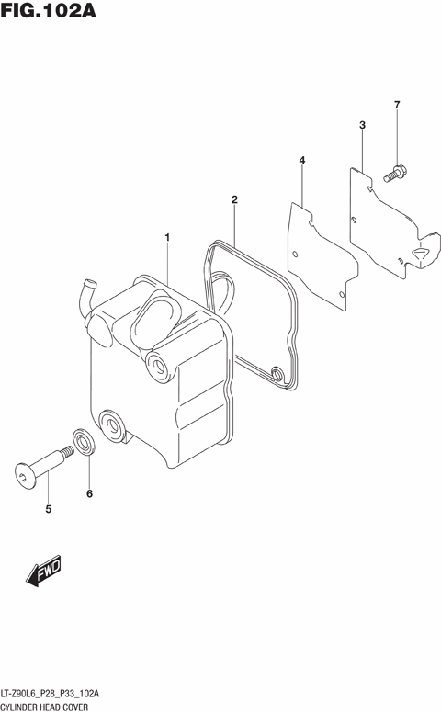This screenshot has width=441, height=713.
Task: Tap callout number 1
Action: point(167,238)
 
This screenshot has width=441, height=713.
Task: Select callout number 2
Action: point(234,199)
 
